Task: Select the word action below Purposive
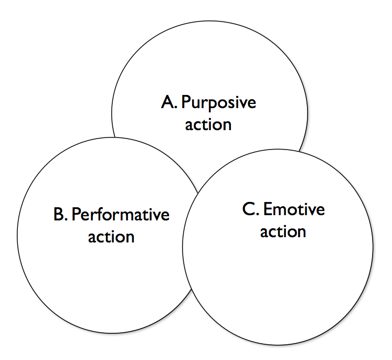208,125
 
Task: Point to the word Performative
120,215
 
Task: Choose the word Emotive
294,209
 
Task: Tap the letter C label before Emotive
249,209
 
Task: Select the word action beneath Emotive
283,231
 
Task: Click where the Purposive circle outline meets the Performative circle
114,136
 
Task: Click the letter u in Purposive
195,103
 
